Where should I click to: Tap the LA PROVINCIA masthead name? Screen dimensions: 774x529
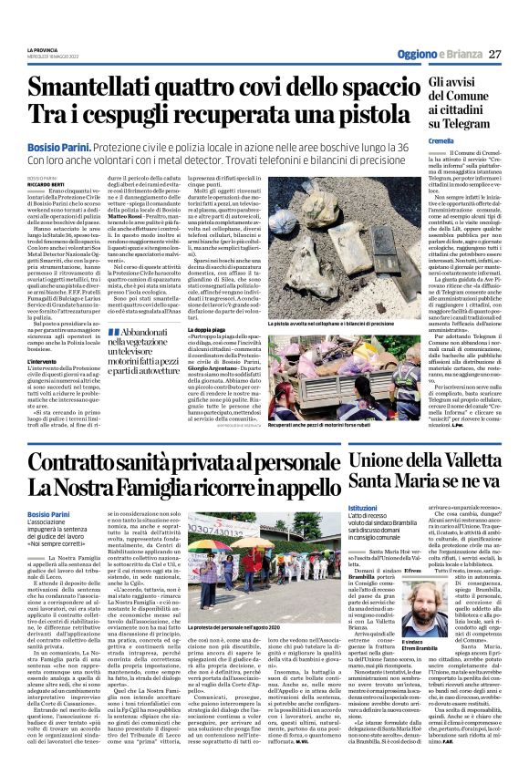[40, 49]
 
